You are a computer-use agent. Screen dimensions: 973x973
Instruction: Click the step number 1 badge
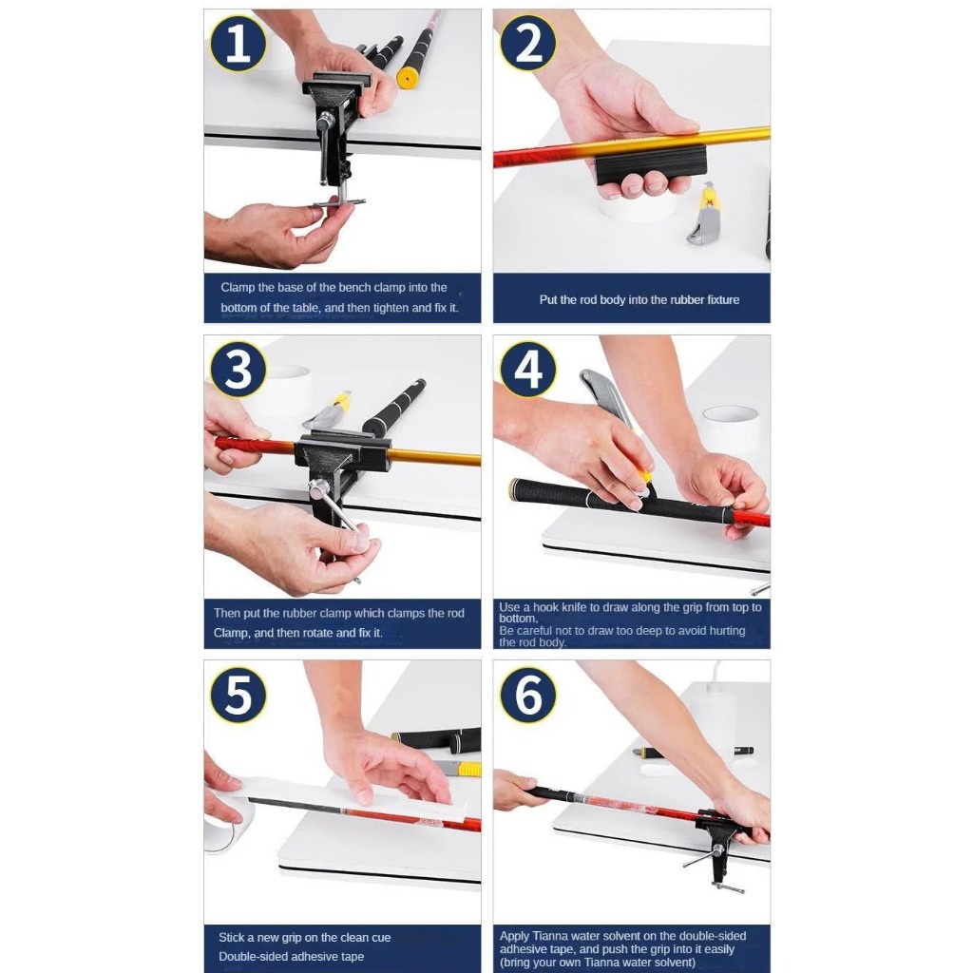(x=238, y=44)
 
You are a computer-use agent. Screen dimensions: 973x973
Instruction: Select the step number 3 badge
(x=238, y=370)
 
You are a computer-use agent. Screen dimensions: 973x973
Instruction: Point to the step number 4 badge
(x=528, y=370)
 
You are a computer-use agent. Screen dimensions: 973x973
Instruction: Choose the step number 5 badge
(x=238, y=695)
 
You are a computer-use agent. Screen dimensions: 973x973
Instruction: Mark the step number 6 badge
(x=528, y=695)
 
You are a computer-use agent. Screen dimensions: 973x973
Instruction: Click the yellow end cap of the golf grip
(x=407, y=79)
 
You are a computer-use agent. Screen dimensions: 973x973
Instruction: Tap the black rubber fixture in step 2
(x=651, y=163)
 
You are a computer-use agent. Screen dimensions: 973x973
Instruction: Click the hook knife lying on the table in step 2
(x=703, y=214)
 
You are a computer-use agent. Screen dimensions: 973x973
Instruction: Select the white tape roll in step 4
(x=730, y=428)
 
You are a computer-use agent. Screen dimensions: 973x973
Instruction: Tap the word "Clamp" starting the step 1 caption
(x=238, y=287)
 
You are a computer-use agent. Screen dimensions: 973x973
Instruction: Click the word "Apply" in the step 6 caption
(x=514, y=936)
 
